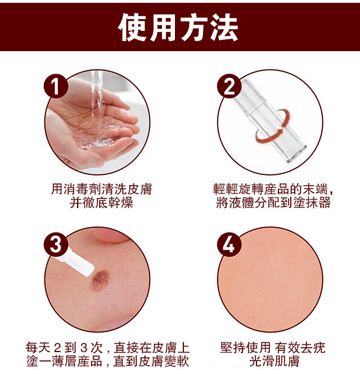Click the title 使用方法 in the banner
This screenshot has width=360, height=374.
[178, 27]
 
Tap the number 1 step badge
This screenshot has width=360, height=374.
[56, 86]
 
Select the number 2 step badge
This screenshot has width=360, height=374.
[229, 86]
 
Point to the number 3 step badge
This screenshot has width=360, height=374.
[56, 245]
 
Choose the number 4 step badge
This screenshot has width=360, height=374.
[229, 245]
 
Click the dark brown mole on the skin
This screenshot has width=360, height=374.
[100, 280]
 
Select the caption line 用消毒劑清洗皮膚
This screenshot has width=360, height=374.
[101, 189]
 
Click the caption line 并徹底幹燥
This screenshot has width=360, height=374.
[101, 203]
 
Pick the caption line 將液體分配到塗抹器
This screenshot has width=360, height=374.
[273, 203]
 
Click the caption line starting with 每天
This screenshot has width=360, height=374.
[107, 348]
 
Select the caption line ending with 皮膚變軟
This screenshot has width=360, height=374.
[107, 361]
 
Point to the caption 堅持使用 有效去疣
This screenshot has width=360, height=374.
[273, 348]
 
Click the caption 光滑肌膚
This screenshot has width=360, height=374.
[274, 361]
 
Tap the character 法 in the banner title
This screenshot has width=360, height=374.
[224, 27]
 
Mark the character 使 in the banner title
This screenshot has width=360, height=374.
[132, 27]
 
